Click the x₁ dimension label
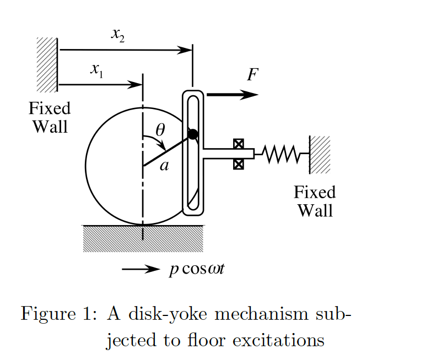(x=98, y=70)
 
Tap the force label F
(x=252, y=75)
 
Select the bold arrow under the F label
(x=231, y=95)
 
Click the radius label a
(x=164, y=165)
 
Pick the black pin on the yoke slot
(x=192, y=134)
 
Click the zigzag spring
(x=281, y=154)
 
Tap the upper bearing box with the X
(x=238, y=144)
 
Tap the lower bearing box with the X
(x=238, y=164)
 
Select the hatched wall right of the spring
(x=320, y=154)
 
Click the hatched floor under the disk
(x=143, y=238)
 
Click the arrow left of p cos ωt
(x=140, y=269)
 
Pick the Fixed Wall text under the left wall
(x=50, y=117)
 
